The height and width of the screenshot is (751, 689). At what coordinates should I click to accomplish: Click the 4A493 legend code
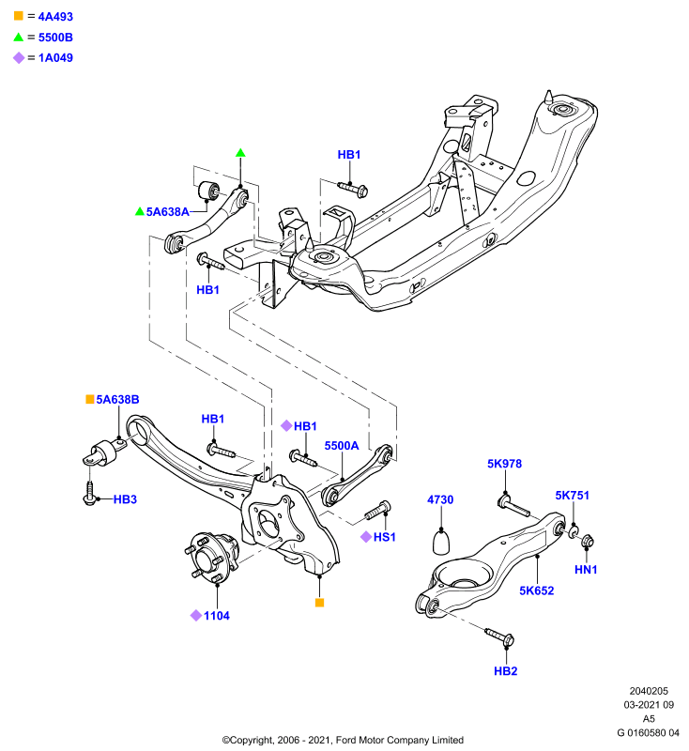coord(55,17)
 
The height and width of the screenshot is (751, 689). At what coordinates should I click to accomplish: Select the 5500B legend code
coord(55,38)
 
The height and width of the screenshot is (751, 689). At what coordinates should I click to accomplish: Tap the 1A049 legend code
coord(55,58)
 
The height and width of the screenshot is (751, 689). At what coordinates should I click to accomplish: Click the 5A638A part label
coord(168,212)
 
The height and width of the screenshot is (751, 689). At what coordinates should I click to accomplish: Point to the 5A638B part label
coord(117,400)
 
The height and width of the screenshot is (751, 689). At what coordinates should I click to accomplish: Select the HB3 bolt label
coord(125,499)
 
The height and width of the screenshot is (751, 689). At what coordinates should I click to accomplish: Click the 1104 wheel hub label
coord(217,616)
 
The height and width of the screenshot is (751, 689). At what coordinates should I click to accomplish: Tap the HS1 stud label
coord(385,537)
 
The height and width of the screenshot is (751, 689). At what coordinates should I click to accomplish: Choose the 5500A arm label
coord(342,446)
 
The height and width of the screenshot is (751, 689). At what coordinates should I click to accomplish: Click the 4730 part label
coord(440,500)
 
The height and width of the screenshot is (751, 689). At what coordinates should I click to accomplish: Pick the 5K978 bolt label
coord(504,464)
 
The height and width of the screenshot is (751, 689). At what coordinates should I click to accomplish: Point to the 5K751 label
coord(572,496)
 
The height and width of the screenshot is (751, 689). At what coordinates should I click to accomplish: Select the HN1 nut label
coord(586,570)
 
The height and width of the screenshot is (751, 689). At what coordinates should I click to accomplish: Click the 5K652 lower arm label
coord(536,591)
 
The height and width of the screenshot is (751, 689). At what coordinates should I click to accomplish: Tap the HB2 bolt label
coord(506,671)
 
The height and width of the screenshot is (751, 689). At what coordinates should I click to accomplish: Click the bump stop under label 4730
coord(441,542)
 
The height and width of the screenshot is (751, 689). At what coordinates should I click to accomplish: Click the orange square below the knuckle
coord(320,603)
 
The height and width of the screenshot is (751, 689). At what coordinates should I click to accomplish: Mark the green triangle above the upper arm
coord(240,153)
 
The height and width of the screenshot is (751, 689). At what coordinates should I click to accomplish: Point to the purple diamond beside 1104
coord(196,616)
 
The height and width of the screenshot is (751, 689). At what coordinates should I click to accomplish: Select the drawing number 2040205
coord(649,691)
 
